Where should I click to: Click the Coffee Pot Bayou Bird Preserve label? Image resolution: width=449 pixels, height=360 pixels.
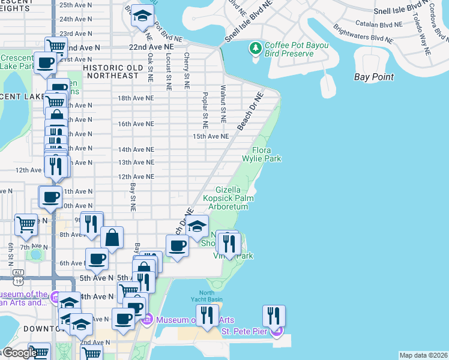click(x=290, y=49)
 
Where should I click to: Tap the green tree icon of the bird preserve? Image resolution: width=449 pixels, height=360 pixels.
click(x=256, y=47)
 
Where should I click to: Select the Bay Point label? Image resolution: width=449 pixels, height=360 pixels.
click(x=373, y=77)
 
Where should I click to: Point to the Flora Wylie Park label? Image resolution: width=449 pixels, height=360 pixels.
click(x=262, y=154)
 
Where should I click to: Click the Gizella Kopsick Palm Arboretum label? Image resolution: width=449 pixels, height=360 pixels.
click(x=228, y=198)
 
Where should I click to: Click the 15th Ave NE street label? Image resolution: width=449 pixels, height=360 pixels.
click(x=211, y=136)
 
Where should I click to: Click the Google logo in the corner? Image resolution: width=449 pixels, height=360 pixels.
click(x=18, y=353)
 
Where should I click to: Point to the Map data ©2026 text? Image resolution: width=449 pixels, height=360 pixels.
click(x=423, y=355)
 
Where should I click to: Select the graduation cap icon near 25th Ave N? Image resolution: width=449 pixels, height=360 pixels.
click(x=143, y=16)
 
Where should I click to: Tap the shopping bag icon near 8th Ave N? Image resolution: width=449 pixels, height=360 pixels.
click(x=112, y=238)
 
